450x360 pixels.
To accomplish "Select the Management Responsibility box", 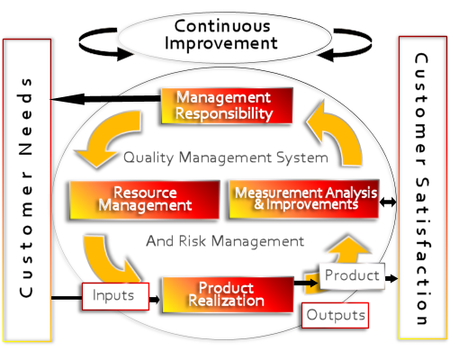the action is (x=227, y=105).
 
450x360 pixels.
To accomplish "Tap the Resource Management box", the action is (x=144, y=200).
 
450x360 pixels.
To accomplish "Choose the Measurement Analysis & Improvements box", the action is (x=303, y=199).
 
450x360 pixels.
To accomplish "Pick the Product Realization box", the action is (x=228, y=294).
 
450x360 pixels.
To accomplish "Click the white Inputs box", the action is (x=115, y=296).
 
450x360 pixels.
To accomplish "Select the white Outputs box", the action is (x=335, y=315).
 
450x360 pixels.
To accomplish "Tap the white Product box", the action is (x=352, y=275).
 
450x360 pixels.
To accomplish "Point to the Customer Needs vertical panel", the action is (x=27, y=190).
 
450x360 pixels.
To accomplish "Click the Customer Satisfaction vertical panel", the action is (x=423, y=188).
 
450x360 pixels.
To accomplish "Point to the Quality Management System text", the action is (x=226, y=157).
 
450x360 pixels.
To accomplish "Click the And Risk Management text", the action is (x=225, y=241).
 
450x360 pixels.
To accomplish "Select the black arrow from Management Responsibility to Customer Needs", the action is (x=106, y=99).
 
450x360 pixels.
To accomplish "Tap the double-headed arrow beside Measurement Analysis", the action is (x=388, y=202).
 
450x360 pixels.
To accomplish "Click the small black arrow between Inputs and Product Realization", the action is (x=154, y=299).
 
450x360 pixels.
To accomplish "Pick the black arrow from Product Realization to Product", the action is (x=306, y=283).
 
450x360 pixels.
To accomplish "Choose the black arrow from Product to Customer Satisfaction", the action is (x=391, y=278).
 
